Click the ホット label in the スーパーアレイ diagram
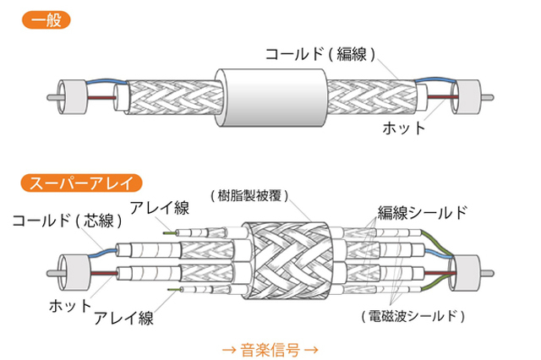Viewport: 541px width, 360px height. (x=69, y=300)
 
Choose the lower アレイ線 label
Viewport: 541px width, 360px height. (x=123, y=318)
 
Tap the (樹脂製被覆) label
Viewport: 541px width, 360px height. (x=249, y=194)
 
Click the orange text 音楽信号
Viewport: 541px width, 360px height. (x=270, y=346)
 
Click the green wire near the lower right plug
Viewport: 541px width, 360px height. (x=445, y=254)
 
